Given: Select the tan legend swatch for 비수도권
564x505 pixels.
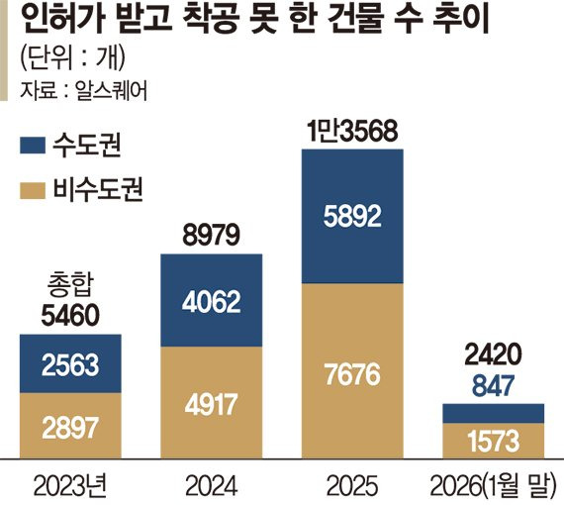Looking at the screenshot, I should (x=36, y=188).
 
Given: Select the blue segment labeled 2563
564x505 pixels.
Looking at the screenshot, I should (x=70, y=364).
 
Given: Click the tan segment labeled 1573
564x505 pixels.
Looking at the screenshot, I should (x=493, y=441).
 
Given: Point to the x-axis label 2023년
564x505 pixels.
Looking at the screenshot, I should (x=70, y=486).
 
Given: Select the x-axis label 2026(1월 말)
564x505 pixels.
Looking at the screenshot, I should (x=493, y=486).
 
